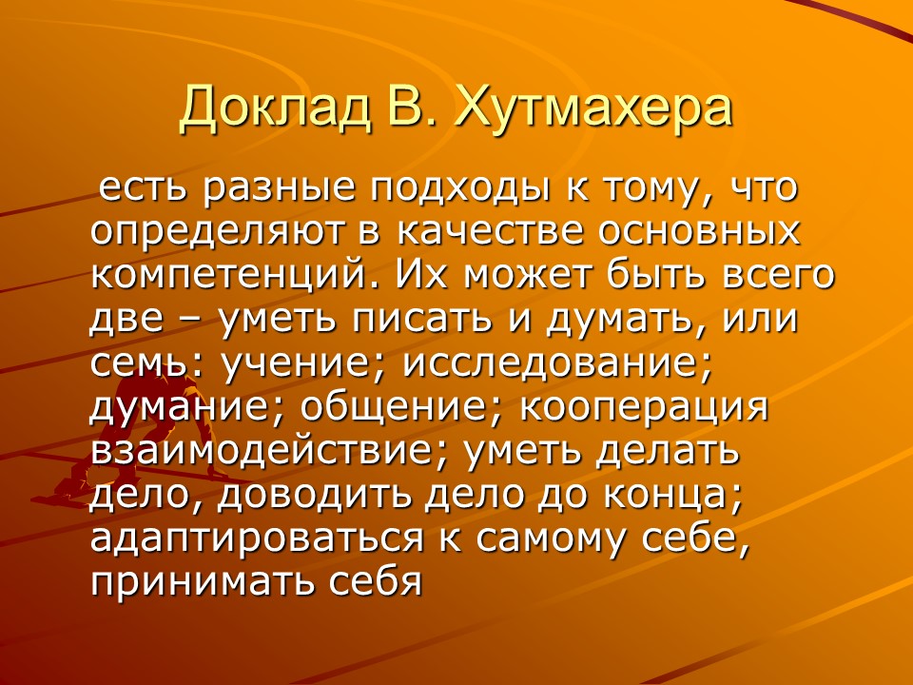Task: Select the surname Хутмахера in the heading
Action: click(594, 110)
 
